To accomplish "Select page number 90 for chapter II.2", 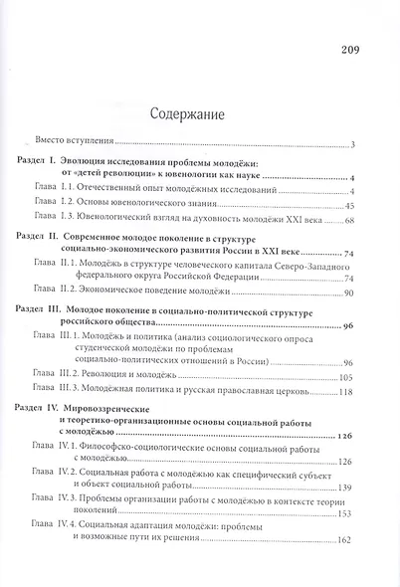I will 349,295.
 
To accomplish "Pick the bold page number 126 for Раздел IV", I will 346,438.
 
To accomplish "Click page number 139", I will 346,489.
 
